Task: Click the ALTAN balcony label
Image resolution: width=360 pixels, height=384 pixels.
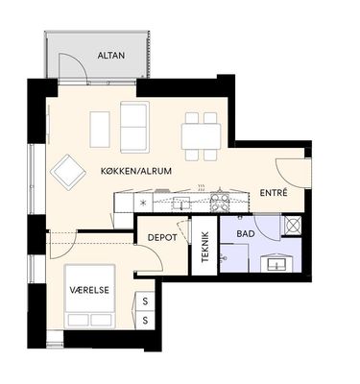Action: [111, 56]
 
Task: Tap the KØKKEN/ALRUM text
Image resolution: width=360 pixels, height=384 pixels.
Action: [136, 171]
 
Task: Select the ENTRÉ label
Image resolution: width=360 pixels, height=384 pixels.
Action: [274, 193]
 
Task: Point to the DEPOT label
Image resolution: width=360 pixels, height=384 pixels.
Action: [162, 238]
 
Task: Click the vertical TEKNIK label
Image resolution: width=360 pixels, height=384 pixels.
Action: [205, 247]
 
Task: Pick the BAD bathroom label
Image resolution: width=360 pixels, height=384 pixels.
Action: [246, 233]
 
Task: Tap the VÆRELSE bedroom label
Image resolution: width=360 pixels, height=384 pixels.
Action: [89, 290]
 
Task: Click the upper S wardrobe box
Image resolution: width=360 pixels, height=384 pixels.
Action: [145, 301]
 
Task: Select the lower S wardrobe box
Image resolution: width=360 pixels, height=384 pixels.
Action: [145, 320]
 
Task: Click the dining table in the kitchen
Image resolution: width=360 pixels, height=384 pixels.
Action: [201, 136]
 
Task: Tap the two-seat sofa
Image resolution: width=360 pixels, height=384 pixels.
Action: [134, 127]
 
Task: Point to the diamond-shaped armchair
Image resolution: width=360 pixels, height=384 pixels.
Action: [68, 172]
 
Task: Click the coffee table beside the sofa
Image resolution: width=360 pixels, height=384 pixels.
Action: [100, 130]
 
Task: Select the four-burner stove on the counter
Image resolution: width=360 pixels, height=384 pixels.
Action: [220, 203]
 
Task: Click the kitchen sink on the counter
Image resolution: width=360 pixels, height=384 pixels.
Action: [181, 204]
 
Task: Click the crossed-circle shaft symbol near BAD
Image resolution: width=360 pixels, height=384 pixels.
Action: [293, 226]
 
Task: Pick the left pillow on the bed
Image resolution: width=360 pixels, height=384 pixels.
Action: [79, 320]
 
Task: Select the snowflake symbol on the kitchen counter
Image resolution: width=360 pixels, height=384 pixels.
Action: [143, 203]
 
